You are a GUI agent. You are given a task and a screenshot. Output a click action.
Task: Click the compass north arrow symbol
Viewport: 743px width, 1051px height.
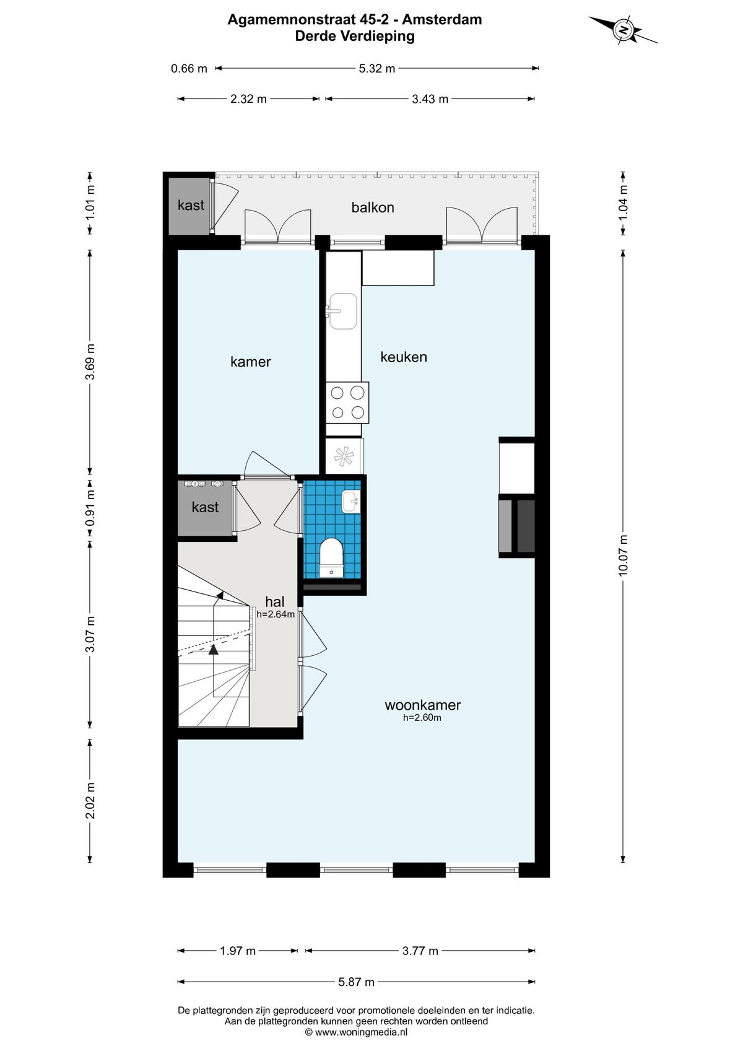point(623,30)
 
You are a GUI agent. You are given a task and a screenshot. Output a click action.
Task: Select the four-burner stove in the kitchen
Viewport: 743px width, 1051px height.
point(347,403)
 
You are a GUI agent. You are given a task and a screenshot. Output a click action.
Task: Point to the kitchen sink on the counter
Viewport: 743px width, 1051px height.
point(342,310)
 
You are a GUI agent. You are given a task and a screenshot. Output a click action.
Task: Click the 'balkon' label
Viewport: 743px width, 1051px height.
point(373,207)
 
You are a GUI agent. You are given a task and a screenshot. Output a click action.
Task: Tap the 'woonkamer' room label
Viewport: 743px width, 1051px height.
point(423,705)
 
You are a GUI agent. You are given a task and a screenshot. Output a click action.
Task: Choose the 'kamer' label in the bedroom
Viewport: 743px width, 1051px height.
point(251,362)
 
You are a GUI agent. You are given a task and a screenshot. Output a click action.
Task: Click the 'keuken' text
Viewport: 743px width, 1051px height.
point(404,357)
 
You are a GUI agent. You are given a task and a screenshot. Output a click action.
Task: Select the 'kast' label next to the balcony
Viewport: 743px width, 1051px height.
point(191,206)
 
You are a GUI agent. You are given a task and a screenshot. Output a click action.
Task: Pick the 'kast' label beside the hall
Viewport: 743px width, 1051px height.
point(205,507)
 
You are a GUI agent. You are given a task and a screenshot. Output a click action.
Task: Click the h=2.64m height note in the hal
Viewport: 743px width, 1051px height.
point(276,614)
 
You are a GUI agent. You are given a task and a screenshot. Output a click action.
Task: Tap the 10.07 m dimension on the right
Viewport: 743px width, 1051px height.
point(623,556)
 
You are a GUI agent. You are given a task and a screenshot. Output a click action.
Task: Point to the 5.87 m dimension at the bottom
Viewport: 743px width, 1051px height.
point(356,982)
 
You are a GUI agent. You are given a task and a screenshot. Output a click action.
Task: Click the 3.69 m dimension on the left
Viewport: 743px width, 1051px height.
point(90,362)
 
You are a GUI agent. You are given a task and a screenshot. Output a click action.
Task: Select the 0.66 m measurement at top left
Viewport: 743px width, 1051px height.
point(189,69)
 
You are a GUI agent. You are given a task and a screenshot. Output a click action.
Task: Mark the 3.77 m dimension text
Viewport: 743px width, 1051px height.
point(420,951)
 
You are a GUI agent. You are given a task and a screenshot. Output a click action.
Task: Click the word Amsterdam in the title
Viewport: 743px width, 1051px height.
point(442,19)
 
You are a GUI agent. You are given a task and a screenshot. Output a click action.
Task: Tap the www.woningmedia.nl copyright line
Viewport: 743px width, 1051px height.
point(356,1032)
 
